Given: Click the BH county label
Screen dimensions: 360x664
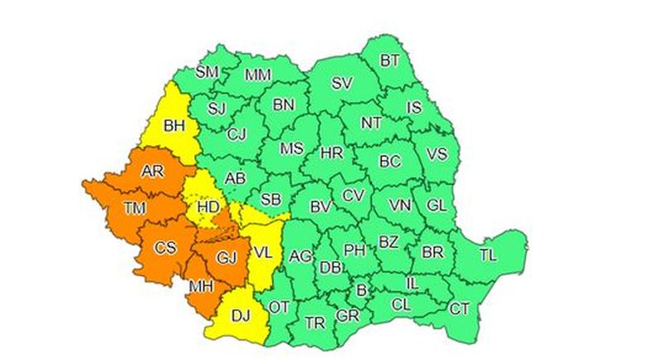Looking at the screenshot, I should pos(175,127).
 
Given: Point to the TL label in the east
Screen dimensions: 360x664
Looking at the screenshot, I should pos(488,255).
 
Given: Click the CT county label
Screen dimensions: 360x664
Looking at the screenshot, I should pos(459,309).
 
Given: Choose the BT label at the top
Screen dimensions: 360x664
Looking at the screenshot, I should pos(389,60).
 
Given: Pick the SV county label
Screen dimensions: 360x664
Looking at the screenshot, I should pos(341,83).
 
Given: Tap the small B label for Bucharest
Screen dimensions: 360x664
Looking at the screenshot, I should pos(361,289).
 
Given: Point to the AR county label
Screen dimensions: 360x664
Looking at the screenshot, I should pos(152,172).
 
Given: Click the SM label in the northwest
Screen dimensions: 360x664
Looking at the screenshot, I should pos(207,72).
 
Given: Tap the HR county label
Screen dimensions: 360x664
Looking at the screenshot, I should pos(331,153).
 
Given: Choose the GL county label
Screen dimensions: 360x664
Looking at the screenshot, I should pos(436,205).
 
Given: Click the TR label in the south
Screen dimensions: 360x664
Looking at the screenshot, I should pos(315,322).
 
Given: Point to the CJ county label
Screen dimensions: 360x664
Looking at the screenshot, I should pos(237,134).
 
